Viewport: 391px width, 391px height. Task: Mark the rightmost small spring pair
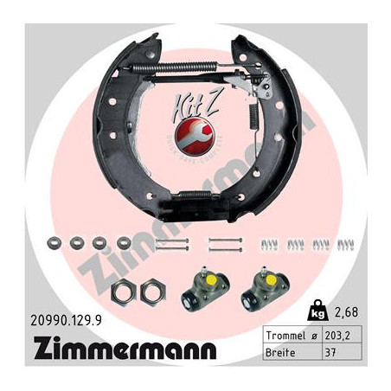click(347, 245)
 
